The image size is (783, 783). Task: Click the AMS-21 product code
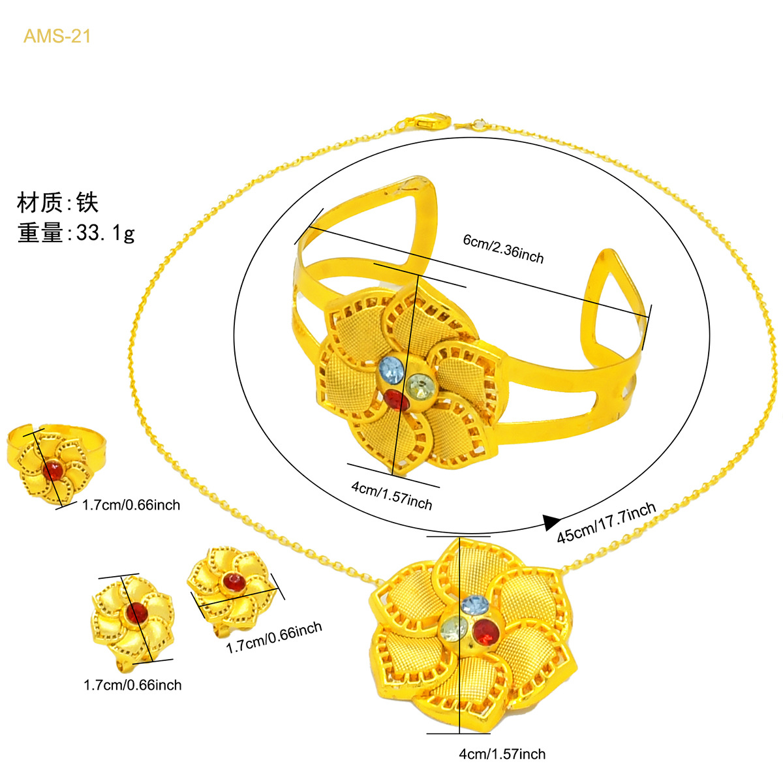[57, 36]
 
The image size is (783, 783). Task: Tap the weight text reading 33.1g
[105, 233]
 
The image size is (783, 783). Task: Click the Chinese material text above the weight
[57, 202]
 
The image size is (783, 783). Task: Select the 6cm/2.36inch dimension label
[503, 249]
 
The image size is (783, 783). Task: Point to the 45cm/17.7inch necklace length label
[606, 522]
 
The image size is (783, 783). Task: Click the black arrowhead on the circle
[551, 522]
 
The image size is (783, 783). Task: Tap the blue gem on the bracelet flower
[391, 368]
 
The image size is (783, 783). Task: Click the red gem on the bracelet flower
[397, 399]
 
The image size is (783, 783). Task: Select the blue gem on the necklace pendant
[475, 605]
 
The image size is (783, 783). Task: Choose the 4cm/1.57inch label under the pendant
[502, 754]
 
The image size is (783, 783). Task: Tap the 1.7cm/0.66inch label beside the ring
[131, 505]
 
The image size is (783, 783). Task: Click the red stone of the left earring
[136, 613]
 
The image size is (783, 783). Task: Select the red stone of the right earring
[234, 582]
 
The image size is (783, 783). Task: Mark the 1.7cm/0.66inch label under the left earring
[132, 685]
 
